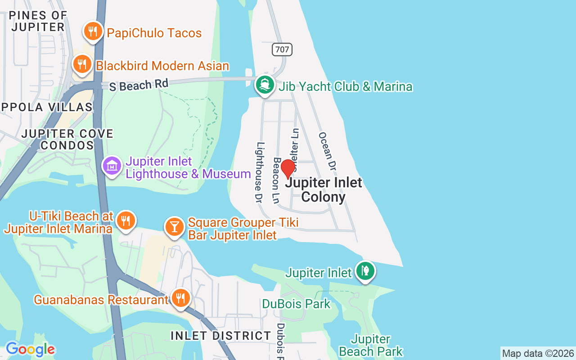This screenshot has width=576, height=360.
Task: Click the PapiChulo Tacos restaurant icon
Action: tap(93, 31)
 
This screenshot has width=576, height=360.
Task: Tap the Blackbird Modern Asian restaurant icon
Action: tap(82, 64)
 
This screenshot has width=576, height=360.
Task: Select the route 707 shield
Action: tap(282, 49)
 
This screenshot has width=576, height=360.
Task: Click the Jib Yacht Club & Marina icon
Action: tap(265, 85)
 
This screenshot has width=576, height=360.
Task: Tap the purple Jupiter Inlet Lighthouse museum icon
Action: tap(112, 166)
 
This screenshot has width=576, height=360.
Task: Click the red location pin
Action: tap(288, 169)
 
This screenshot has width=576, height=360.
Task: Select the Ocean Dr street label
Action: tap(328, 151)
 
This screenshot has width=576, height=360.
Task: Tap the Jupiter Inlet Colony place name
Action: tap(324, 189)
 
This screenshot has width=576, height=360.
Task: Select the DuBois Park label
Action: tap(296, 304)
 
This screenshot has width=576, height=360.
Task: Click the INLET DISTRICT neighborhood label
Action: tap(221, 336)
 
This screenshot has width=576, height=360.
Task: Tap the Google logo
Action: tap(30, 349)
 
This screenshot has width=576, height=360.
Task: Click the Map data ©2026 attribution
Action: tap(538, 354)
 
